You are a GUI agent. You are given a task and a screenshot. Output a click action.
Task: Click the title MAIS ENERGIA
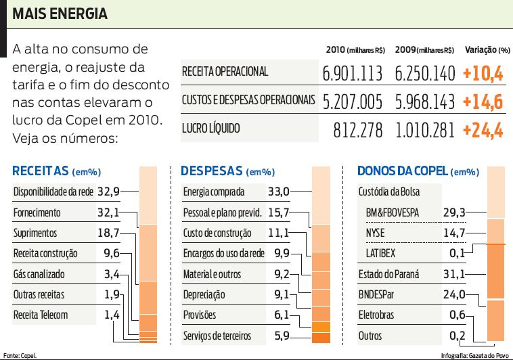pos(60,14)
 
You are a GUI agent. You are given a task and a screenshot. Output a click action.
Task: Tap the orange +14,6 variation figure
pos(483,102)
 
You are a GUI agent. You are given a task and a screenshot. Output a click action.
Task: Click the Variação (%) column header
pos(487,50)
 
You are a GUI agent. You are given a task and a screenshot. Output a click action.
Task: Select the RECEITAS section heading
pos(41,171)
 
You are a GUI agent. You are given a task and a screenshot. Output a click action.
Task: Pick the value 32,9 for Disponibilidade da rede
pos(108,192)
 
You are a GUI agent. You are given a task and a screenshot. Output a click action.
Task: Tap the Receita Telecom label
pos(41,315)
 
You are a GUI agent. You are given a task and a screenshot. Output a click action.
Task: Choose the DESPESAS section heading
pos(212,171)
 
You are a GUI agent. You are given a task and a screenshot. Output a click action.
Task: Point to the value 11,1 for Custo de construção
pos(278,233)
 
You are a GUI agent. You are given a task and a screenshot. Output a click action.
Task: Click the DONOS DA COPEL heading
pos(401,171)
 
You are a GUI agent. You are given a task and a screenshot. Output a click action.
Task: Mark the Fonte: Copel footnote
pos(20,355)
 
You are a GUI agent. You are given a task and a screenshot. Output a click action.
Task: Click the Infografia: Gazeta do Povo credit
pos(474,355)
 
